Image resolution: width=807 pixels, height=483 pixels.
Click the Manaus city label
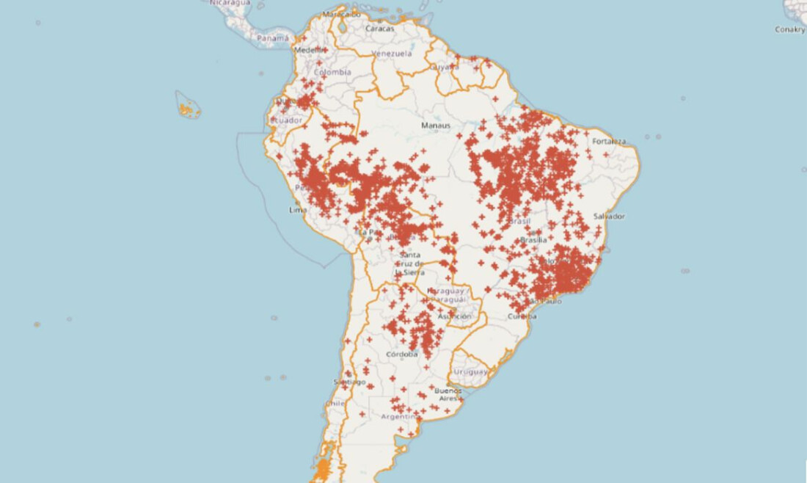pyautogui.click(x=435, y=125)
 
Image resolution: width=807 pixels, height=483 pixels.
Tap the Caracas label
pyautogui.click(x=381, y=29)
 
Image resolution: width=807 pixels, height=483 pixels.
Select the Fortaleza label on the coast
pyautogui.click(x=610, y=141)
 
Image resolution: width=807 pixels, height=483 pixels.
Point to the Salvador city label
pyautogui.click(x=609, y=216)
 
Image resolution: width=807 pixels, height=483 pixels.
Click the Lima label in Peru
pyautogui.click(x=298, y=210)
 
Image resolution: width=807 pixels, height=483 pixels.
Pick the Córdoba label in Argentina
pyautogui.click(x=401, y=354)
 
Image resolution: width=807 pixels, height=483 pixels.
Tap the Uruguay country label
pyautogui.click(x=470, y=371)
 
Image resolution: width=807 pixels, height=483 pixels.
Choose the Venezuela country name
pyautogui.click(x=392, y=54)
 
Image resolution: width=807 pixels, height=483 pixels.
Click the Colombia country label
pyautogui.click(x=332, y=73)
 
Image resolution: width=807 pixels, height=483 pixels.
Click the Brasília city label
pyautogui.click(x=533, y=240)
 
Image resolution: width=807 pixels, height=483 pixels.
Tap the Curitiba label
pyautogui.click(x=522, y=316)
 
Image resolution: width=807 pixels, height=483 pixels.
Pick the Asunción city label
pyautogui.click(x=454, y=316)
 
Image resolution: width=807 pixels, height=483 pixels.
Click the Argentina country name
pyautogui.click(x=400, y=416)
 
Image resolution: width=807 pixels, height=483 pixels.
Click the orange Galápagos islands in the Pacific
pyautogui.click(x=189, y=109)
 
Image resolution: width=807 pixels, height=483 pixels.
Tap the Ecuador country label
pyautogui.click(x=285, y=120)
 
